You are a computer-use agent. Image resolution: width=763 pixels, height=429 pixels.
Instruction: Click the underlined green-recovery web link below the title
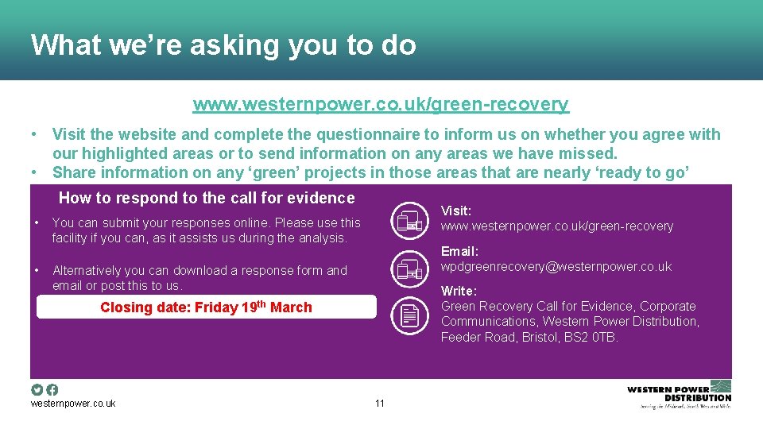point(381,104)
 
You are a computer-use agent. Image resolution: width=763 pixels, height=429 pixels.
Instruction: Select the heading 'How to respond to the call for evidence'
point(207,198)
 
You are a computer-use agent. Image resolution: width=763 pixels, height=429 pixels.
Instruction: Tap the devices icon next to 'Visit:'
point(409,218)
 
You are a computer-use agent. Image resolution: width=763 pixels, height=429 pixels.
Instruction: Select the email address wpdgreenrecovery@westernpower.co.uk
point(556,267)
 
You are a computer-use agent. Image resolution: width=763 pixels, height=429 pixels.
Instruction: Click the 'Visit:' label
point(456,211)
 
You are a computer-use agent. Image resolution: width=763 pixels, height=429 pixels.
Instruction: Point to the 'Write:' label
point(459,291)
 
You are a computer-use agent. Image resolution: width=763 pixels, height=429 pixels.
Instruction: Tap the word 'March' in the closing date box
point(291,307)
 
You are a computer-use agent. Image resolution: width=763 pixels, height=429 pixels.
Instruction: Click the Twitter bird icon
point(37,389)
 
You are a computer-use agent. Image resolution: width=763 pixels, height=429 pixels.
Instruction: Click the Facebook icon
point(52,389)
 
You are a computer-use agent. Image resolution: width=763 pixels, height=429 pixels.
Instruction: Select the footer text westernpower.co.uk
point(73,404)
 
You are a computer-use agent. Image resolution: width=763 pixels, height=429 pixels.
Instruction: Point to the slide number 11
point(379,404)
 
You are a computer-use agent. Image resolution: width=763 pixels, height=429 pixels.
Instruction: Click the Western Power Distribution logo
point(679,394)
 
